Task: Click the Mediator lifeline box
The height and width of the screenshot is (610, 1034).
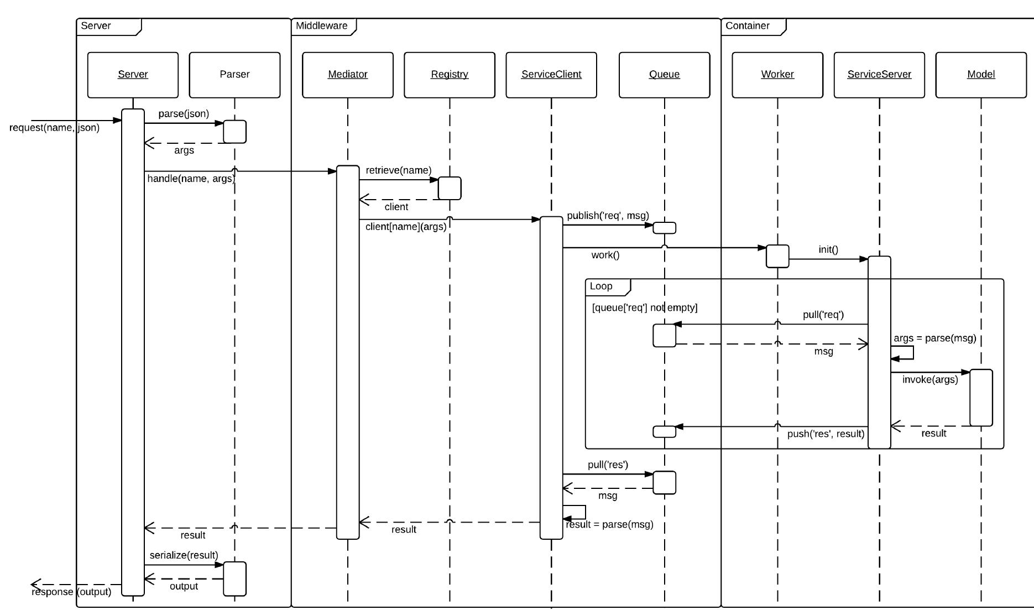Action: click(347, 75)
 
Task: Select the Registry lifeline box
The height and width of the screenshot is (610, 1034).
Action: click(449, 75)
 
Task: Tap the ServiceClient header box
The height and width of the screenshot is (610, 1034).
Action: click(551, 75)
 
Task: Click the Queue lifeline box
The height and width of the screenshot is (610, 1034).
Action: click(664, 75)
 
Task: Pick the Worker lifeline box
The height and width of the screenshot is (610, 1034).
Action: click(777, 75)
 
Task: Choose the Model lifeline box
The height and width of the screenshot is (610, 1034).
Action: click(980, 75)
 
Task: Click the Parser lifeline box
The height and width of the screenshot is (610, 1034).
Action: click(234, 75)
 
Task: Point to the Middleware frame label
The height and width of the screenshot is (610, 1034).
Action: click(322, 26)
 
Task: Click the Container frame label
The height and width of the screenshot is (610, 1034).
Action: click(747, 26)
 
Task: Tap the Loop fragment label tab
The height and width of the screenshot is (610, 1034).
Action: click(601, 286)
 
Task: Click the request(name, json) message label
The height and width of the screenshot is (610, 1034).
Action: click(54, 128)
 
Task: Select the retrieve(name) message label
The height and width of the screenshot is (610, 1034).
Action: click(398, 170)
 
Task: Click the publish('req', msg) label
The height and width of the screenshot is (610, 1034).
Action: click(608, 216)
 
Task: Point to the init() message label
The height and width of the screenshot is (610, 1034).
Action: click(828, 250)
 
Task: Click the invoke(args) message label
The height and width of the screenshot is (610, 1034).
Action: click(929, 379)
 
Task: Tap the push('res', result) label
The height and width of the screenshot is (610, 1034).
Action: click(825, 434)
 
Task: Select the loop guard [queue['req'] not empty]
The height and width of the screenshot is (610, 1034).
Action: click(644, 307)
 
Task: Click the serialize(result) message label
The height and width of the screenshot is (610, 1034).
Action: click(184, 555)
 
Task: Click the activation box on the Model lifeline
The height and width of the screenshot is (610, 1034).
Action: click(981, 398)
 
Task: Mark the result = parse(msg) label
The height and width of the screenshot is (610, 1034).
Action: click(609, 524)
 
